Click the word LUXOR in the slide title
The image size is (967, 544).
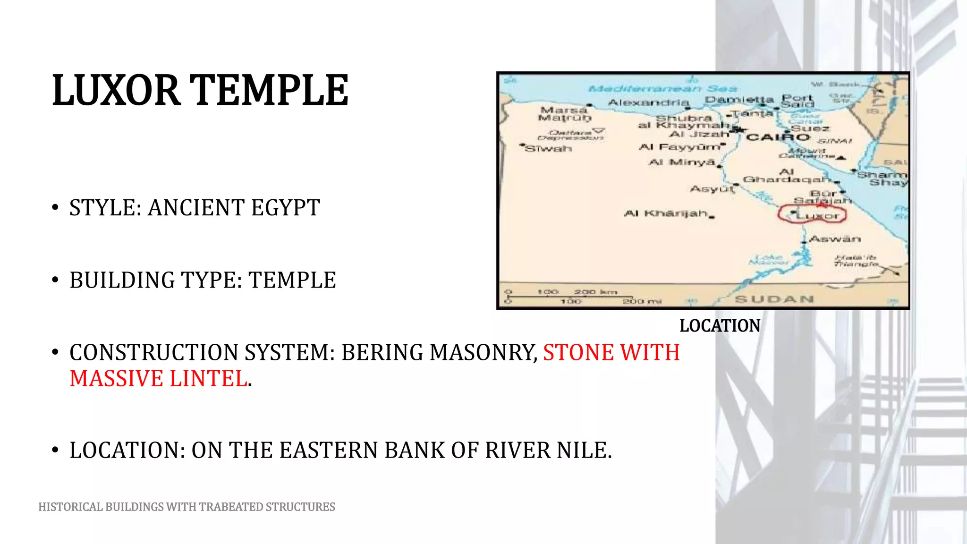click(116, 91)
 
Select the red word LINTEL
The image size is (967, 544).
click(208, 379)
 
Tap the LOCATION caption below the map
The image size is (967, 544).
click(720, 326)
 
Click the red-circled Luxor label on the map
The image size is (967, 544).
click(818, 216)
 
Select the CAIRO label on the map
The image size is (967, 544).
click(778, 137)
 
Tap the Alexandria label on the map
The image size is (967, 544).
click(648, 102)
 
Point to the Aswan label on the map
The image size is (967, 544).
click(835, 239)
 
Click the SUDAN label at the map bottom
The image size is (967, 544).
click(774, 299)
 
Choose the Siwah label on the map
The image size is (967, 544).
click(548, 149)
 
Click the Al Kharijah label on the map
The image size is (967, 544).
click(666, 213)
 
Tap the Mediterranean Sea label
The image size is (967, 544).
click(662, 88)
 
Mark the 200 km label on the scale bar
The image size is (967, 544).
click(595, 292)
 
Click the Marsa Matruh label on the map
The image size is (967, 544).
click(564, 113)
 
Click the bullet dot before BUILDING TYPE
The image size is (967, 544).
click(55, 280)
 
